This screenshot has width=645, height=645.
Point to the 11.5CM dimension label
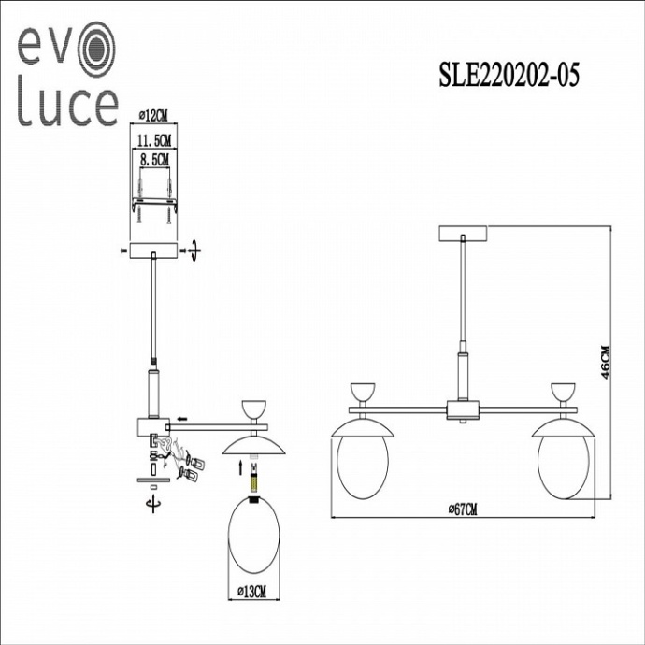(152, 139)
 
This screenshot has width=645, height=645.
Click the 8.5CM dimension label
(152, 159)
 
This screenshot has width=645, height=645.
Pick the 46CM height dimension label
(606, 360)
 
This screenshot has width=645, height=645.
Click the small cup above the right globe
(564, 393)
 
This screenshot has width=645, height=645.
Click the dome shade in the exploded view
(252, 447)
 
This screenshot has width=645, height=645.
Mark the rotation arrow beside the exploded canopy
(193, 251)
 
